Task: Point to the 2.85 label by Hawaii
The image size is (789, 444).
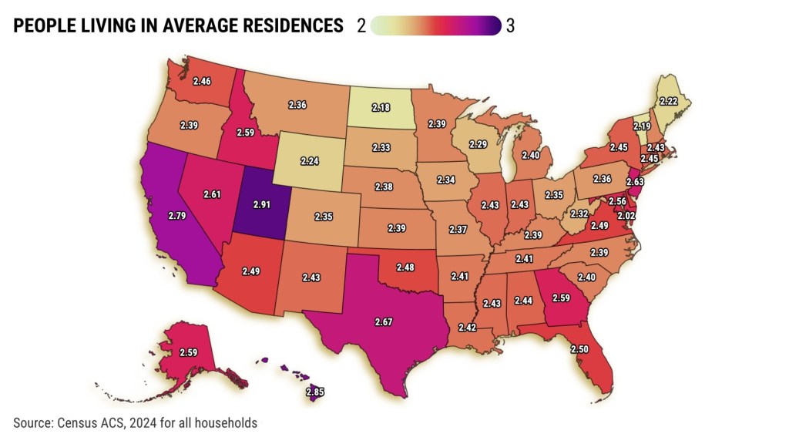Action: coord(315,392)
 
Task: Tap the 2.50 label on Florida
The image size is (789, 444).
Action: coord(581,349)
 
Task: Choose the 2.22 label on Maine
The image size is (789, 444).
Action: coord(669,101)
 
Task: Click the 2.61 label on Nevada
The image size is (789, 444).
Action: coord(213,194)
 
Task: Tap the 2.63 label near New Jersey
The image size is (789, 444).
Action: coord(635,182)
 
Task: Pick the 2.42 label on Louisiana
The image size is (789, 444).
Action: coord(468,328)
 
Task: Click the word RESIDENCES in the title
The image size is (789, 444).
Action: coord(286,26)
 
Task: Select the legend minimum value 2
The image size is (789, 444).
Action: coord(361,26)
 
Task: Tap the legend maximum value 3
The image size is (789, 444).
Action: coord(510,26)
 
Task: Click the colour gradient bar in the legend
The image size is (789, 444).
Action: coord(435,26)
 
